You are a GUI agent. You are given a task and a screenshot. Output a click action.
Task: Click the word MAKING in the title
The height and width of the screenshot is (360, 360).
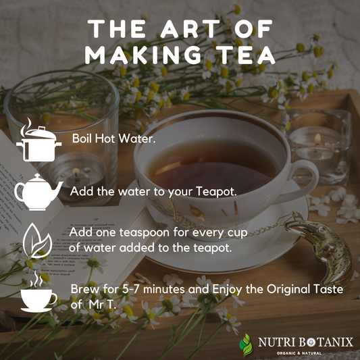coord(143,55)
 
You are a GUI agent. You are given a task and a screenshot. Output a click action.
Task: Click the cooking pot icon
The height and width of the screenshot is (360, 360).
coord(38,140)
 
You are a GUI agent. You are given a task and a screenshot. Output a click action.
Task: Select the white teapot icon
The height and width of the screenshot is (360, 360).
coord(38,192)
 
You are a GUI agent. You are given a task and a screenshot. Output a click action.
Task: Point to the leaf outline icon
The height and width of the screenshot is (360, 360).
coord(37,240)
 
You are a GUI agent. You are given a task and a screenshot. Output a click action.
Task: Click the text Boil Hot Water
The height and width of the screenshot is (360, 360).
coord(113,138)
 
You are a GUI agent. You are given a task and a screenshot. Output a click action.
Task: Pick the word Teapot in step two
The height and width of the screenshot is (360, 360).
coord(216,191)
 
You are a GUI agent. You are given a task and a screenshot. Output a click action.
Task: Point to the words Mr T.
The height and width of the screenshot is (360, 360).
coord(101,305)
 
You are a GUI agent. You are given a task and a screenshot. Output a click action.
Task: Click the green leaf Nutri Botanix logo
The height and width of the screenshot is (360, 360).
coord(246,344)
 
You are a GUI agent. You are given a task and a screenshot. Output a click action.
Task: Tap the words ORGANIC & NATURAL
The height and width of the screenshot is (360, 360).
coord(299,353)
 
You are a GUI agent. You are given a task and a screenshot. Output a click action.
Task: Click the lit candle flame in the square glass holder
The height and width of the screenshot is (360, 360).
coord(317,138)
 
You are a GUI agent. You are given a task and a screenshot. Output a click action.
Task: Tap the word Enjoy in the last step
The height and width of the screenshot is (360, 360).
coord(227,290)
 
